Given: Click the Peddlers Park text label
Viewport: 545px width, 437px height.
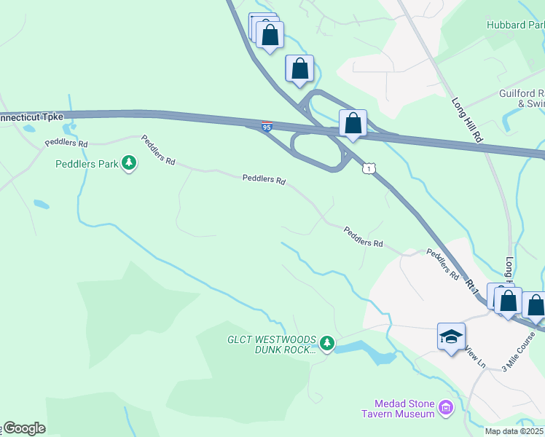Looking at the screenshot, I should pos(87,164).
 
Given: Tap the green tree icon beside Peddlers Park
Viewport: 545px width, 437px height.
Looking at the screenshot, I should pos(129,162).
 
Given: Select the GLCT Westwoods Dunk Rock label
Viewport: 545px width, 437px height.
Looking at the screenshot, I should pos(271,345).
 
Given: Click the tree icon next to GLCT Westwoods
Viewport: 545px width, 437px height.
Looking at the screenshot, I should pos(327,342).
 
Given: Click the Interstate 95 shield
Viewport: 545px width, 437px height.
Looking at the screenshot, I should pos(267,127).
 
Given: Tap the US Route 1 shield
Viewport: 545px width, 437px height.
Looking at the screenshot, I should pos(370,168).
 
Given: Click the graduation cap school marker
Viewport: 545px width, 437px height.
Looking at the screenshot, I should pos(451,336).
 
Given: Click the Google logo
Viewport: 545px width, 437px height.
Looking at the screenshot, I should pos(24,429).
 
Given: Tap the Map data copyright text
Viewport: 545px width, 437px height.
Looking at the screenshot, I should pos(514,431).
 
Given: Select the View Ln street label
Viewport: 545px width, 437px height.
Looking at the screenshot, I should pos(475,355).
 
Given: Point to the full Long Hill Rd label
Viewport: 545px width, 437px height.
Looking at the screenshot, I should pos(467,120).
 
